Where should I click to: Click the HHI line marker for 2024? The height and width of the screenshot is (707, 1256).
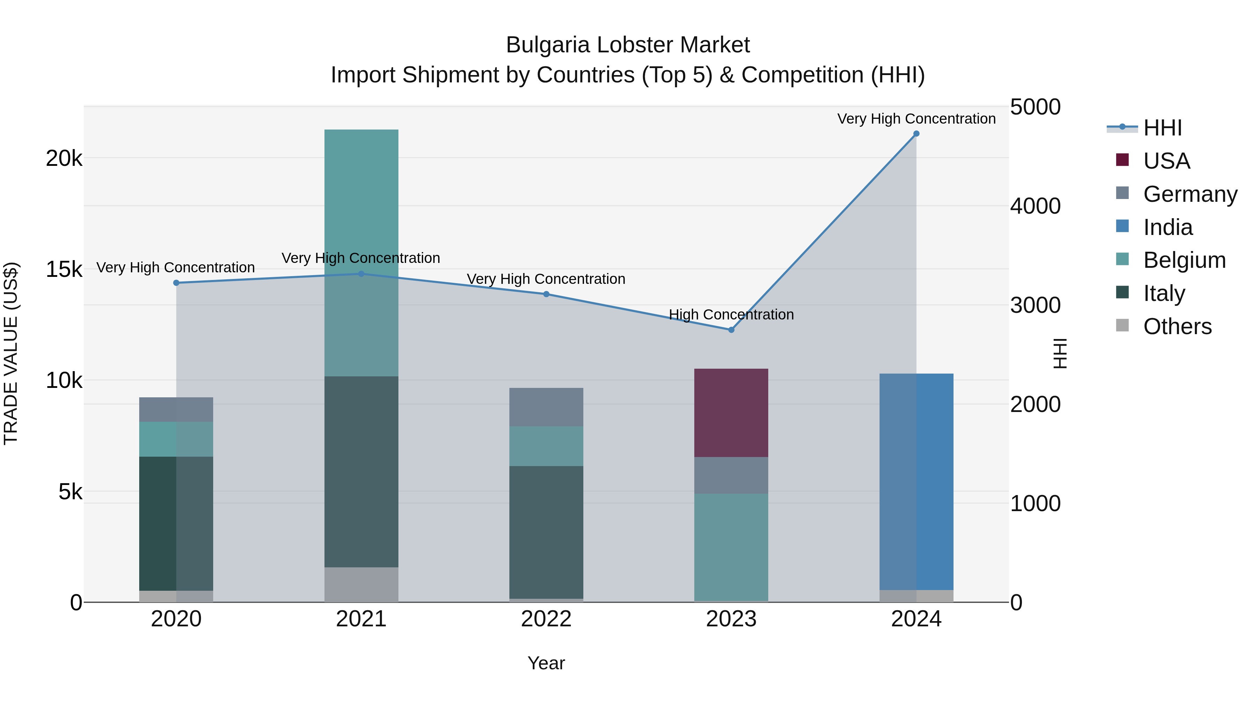[x=916, y=134]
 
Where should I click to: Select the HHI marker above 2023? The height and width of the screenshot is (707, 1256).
[x=731, y=330]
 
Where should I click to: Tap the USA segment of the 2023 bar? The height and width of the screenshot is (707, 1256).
[x=731, y=413]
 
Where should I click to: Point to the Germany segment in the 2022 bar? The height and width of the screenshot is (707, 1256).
[x=546, y=407]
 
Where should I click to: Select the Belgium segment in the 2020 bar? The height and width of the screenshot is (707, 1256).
[x=176, y=439]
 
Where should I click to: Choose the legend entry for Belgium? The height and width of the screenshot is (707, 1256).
[x=1184, y=260]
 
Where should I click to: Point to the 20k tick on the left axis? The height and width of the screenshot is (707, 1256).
[x=64, y=159]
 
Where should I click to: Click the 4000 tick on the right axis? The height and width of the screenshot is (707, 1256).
[x=1035, y=206]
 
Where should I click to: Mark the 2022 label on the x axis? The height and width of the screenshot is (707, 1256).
[x=546, y=619]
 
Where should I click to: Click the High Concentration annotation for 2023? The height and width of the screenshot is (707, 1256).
[x=731, y=315]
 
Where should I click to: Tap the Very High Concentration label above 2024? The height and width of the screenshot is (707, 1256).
[x=916, y=119]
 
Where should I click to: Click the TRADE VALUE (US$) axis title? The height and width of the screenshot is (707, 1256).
[x=11, y=353]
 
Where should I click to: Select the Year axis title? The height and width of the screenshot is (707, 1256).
[x=546, y=663]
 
